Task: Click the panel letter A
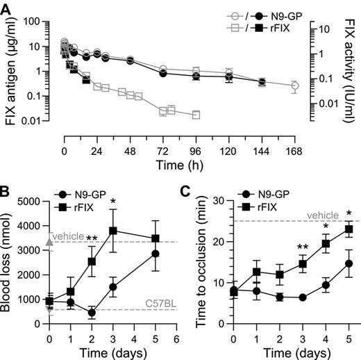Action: (8, 8)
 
